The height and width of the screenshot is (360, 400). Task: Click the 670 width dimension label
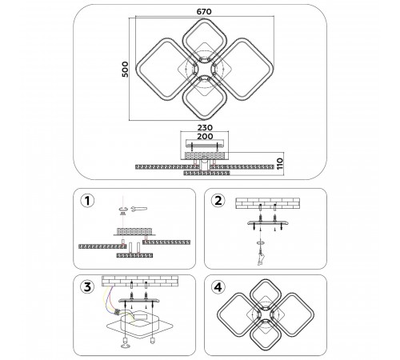coord(204,12)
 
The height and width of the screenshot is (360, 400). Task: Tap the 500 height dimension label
coord(125,70)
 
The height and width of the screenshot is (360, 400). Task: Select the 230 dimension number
coord(205,128)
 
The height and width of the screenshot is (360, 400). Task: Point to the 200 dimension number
coord(205,137)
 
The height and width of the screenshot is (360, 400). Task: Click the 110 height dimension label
coord(279,164)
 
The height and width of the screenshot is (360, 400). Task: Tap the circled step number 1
coord(87,201)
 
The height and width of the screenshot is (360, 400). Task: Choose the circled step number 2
coord(218,201)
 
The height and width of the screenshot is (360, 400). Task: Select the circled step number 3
coord(87,287)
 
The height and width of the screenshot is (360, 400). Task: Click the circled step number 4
coord(218,287)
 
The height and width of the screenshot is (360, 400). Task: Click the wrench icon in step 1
coord(138,209)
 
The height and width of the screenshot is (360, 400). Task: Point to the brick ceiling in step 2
coord(267,203)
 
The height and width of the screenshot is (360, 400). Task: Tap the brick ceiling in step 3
coord(140,282)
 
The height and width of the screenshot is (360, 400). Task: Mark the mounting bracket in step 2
coord(268,223)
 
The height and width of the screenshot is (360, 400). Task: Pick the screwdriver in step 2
coord(261,257)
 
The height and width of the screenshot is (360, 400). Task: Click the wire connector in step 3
coord(117,312)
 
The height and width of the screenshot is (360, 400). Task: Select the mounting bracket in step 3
coord(139,301)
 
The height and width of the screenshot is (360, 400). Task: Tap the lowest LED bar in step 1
coord(134,255)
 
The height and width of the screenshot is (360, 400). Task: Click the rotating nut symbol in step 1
coord(122,210)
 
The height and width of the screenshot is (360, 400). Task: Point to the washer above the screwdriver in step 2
coord(261,242)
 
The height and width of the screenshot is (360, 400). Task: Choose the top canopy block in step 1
coord(134,231)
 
